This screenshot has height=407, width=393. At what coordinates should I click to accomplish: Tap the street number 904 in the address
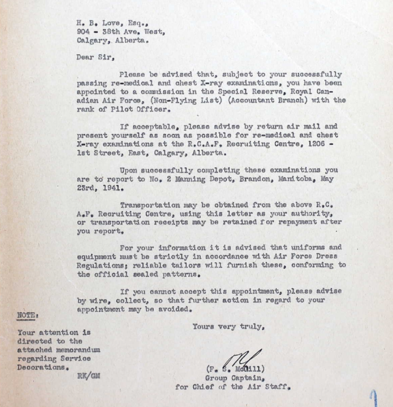(x=84, y=31)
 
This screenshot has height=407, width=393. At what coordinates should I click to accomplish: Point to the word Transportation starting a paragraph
(x=150, y=205)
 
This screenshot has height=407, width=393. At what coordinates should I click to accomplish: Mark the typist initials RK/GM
(x=88, y=376)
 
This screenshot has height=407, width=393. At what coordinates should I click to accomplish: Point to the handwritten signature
(x=245, y=358)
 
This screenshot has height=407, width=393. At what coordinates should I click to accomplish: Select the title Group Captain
(x=227, y=378)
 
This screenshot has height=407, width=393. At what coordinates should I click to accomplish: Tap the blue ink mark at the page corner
(x=374, y=397)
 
